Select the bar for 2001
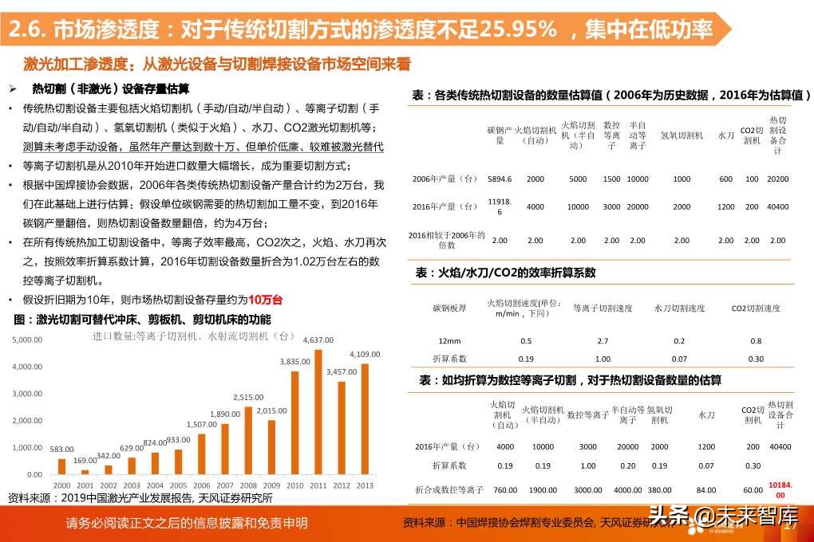(85, 472)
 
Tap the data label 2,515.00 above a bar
(248, 397)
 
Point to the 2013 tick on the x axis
(364, 485)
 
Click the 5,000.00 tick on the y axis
(28, 340)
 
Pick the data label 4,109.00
(365, 354)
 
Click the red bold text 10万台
(265, 300)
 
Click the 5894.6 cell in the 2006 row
(500, 179)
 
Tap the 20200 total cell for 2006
(776, 179)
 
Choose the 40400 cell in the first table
(776, 206)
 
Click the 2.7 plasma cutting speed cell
(603, 340)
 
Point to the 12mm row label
(449, 340)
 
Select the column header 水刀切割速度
(679, 308)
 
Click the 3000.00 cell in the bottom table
(588, 489)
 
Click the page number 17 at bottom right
(792, 525)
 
